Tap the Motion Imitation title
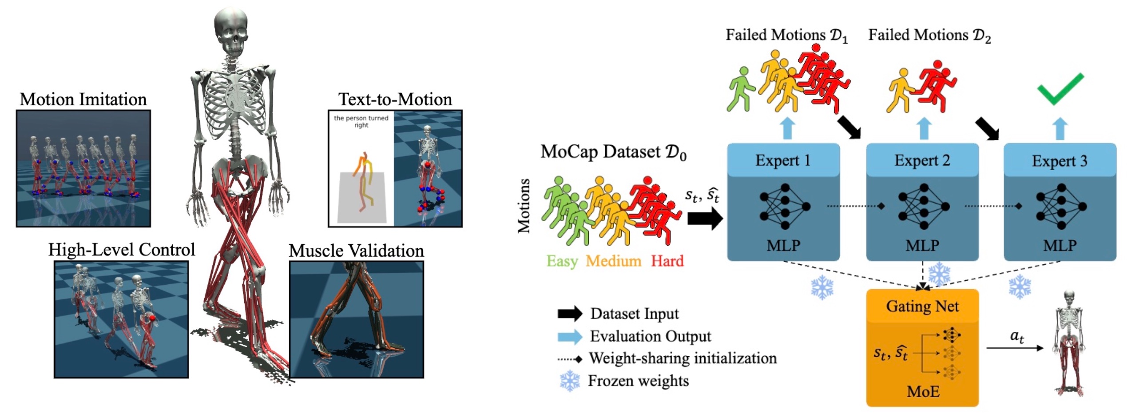pyautogui.click(x=83, y=100)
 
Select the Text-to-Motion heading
pyautogui.click(x=395, y=100)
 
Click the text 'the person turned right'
pyautogui.click(x=361, y=121)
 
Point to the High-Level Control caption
pyautogui.click(x=122, y=250)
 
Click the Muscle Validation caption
pyautogui.click(x=356, y=251)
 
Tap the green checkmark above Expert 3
pyautogui.click(x=1060, y=88)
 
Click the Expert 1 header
pyautogui.click(x=783, y=160)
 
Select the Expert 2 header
pyautogui.click(x=922, y=160)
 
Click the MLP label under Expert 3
pyautogui.click(x=1060, y=245)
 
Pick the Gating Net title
pyautogui.click(x=922, y=306)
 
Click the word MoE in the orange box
pyautogui.click(x=923, y=391)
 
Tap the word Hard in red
pyautogui.click(x=667, y=261)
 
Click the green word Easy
pyautogui.click(x=562, y=261)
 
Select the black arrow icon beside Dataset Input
pyautogui.click(x=570, y=314)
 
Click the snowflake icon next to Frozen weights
pyautogui.click(x=570, y=381)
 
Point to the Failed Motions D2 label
pyautogui.click(x=929, y=35)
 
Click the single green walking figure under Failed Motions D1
pyautogui.click(x=739, y=89)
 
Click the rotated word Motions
pyautogui.click(x=524, y=206)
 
